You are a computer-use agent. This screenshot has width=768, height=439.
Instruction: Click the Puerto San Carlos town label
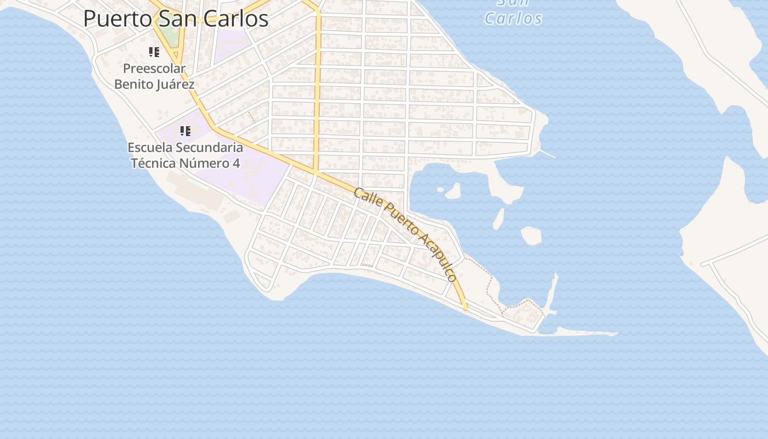(x=176, y=19)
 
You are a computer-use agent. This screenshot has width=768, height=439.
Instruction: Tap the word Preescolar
(x=154, y=69)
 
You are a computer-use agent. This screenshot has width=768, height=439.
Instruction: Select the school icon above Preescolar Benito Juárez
(x=154, y=52)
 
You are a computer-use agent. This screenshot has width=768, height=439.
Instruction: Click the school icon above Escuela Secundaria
(x=185, y=131)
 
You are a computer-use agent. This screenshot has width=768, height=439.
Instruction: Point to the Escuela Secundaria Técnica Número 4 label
(x=185, y=155)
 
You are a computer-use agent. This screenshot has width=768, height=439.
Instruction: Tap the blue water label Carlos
(x=513, y=18)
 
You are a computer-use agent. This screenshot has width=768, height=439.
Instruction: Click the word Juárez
(x=176, y=85)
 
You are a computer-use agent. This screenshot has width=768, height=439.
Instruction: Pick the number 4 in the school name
(x=236, y=164)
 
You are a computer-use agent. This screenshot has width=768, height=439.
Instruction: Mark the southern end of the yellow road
(x=465, y=308)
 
